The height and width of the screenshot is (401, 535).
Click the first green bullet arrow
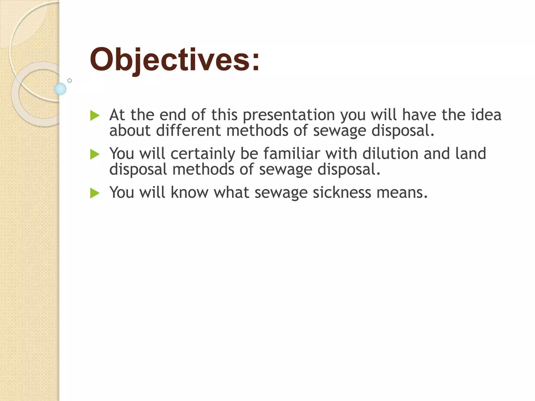[x=95, y=115]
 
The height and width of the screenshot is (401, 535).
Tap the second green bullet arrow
[x=95, y=154]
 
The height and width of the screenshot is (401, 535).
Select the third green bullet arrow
[x=95, y=193]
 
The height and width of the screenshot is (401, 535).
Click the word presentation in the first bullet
[x=289, y=115]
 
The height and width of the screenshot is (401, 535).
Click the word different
[x=188, y=131]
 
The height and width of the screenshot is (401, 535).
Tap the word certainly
[x=203, y=154]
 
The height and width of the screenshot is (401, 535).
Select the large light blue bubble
[x=60, y=89]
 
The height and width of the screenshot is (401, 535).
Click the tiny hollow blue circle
[x=69, y=80]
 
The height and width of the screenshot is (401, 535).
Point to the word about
[x=130, y=131]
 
